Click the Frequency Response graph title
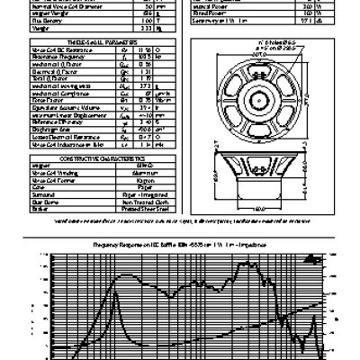pyautogui.click(x=181, y=246)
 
